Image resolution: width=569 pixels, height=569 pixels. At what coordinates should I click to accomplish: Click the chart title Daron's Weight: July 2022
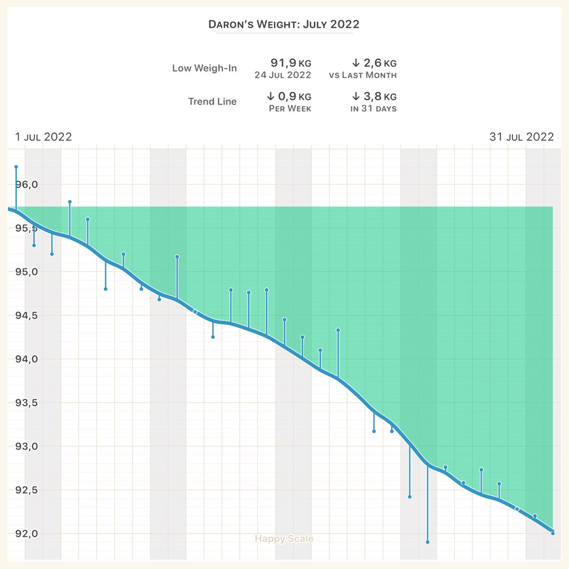coord(284,24)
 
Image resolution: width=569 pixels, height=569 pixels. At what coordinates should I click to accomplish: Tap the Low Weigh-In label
coord(204,68)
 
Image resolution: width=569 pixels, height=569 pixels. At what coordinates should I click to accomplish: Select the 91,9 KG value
coord(291,63)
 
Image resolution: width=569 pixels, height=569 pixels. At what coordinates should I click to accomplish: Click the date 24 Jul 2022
coord(283,75)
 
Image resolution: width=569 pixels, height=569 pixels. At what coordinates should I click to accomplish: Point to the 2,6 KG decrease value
coord(374,63)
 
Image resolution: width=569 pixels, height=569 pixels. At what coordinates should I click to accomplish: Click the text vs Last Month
coord(363,75)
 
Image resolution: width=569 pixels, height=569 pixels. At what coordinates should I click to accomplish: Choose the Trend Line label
coord(212,102)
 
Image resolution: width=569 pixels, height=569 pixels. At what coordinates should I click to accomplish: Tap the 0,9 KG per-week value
coord(289,96)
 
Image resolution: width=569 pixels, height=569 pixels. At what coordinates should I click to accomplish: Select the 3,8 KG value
coord(374,96)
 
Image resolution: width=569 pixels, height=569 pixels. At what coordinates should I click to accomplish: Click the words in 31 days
coord(373,108)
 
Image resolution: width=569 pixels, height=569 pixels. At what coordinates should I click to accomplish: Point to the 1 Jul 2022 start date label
coord(43,137)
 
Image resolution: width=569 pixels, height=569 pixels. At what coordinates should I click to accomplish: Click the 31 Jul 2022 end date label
coord(521,137)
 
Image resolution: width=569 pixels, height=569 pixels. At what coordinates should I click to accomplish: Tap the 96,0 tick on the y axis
coord(27,184)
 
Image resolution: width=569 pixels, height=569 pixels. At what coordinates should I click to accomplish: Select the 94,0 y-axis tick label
coord(27,359)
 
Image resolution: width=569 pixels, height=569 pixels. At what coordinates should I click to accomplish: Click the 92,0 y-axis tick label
coord(27,534)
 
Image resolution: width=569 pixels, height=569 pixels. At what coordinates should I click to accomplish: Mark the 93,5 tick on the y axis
coord(27,403)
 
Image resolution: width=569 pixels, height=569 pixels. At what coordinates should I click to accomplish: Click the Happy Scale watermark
coord(284,539)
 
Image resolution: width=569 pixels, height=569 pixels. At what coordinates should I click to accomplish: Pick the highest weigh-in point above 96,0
coord(16,167)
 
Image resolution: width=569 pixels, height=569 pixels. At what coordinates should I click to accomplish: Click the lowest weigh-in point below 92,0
coord(428,542)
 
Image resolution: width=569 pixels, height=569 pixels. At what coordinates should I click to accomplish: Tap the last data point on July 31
coord(553,533)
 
